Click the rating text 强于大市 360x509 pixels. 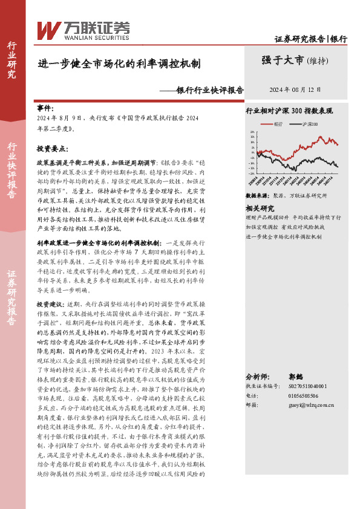[x=283, y=60]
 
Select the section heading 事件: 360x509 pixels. [x=45, y=108]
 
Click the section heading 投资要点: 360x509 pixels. [x=51, y=148]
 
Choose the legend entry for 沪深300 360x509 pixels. [x=312, y=123]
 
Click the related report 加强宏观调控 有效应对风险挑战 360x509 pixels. [x=284, y=227]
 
